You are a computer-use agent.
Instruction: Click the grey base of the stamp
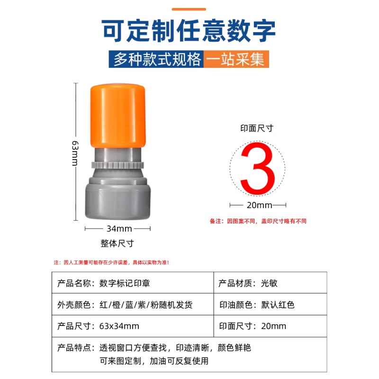pos(117,201)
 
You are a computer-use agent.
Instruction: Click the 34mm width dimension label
pos(118,229)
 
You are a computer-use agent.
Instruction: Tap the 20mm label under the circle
pos(258,206)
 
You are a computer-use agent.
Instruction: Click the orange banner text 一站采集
pos(236,60)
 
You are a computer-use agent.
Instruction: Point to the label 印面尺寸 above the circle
pos(257,128)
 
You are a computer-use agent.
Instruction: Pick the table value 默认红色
pos(277,305)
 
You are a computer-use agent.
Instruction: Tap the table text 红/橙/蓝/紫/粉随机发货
pos(146,305)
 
